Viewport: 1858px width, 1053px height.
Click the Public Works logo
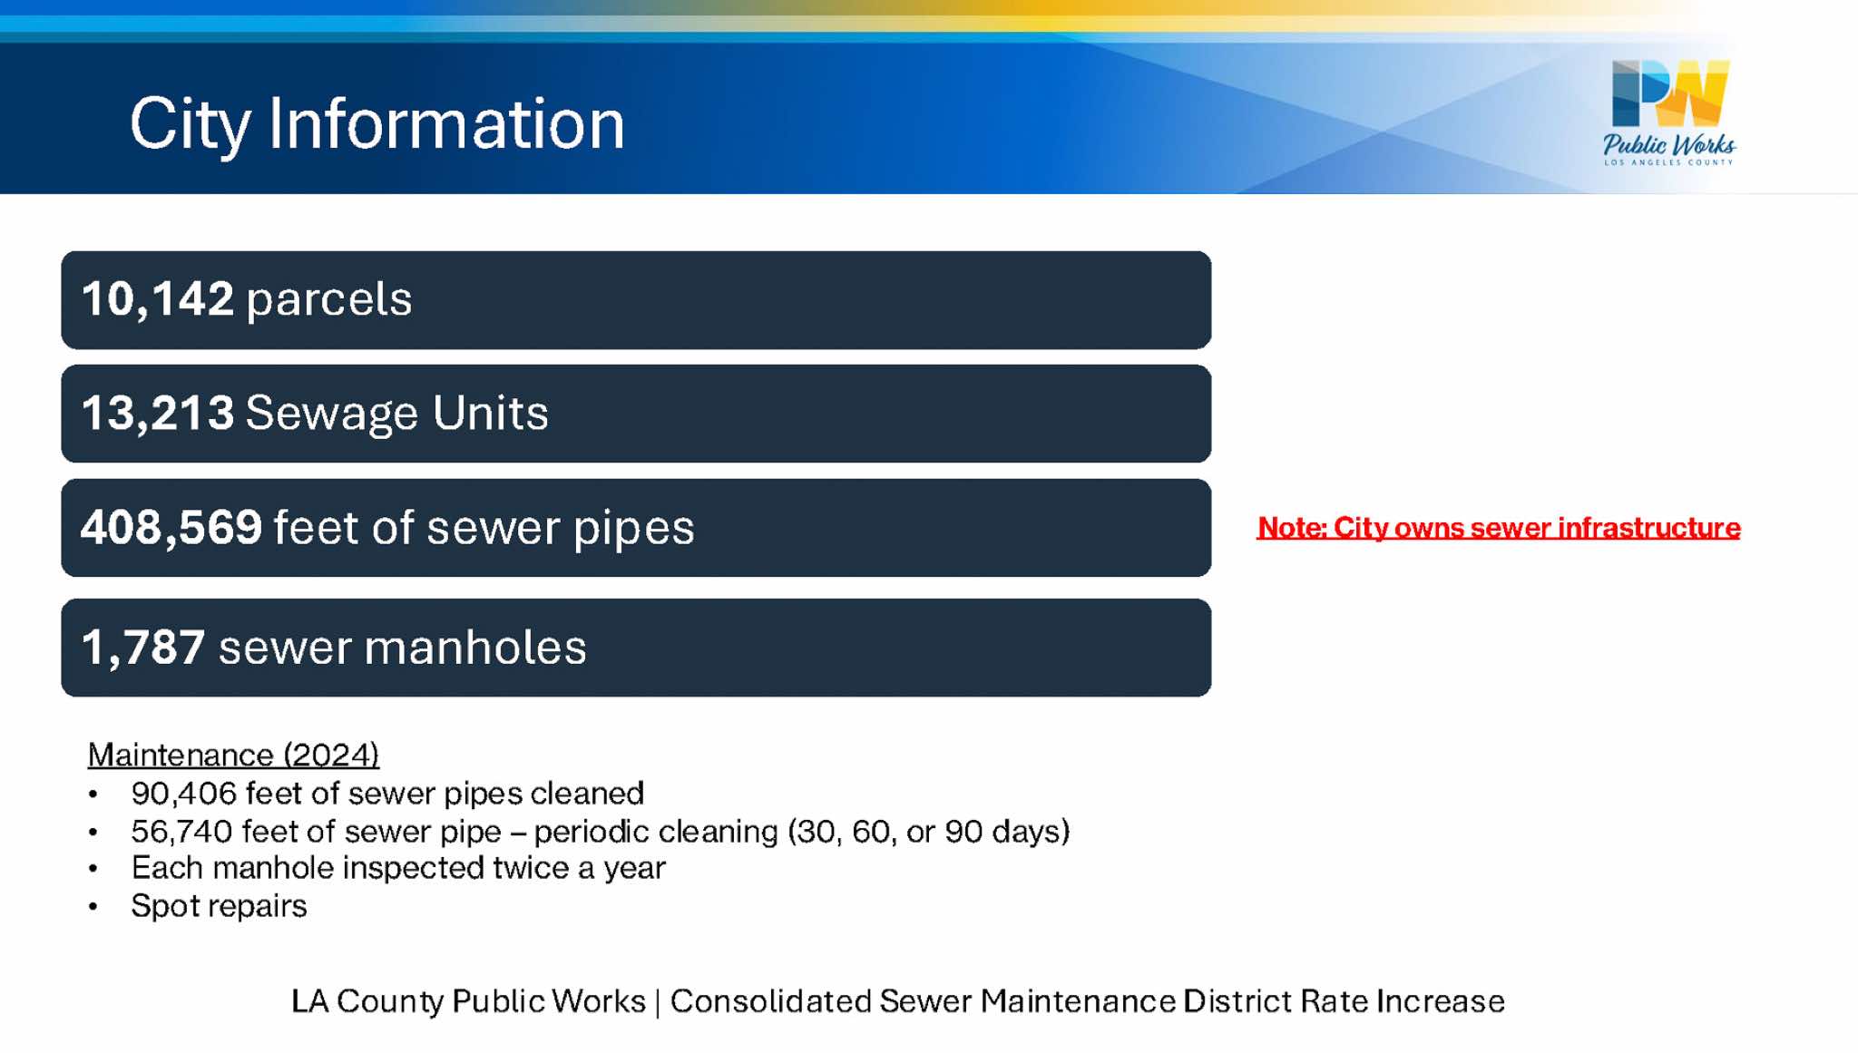[x=1669, y=112]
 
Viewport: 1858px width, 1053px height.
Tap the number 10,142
[x=158, y=299]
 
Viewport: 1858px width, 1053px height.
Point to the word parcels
[x=329, y=300]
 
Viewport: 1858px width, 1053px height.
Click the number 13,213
[x=158, y=413]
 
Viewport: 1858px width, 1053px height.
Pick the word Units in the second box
[x=491, y=413]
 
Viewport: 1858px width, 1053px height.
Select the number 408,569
[x=171, y=527]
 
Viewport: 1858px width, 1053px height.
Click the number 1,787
[x=143, y=648]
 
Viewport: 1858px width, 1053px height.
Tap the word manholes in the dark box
[x=476, y=648]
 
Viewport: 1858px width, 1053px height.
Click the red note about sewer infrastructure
[x=1499, y=528]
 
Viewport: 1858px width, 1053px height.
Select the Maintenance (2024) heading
[x=233, y=755]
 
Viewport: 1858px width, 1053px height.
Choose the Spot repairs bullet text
[x=220, y=906]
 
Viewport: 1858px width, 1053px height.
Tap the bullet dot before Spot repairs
[x=93, y=907]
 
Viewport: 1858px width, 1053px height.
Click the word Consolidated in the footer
[x=770, y=1001]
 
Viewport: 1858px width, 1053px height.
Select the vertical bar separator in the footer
[x=658, y=1002]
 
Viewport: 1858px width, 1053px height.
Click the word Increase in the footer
[x=1441, y=1001]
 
